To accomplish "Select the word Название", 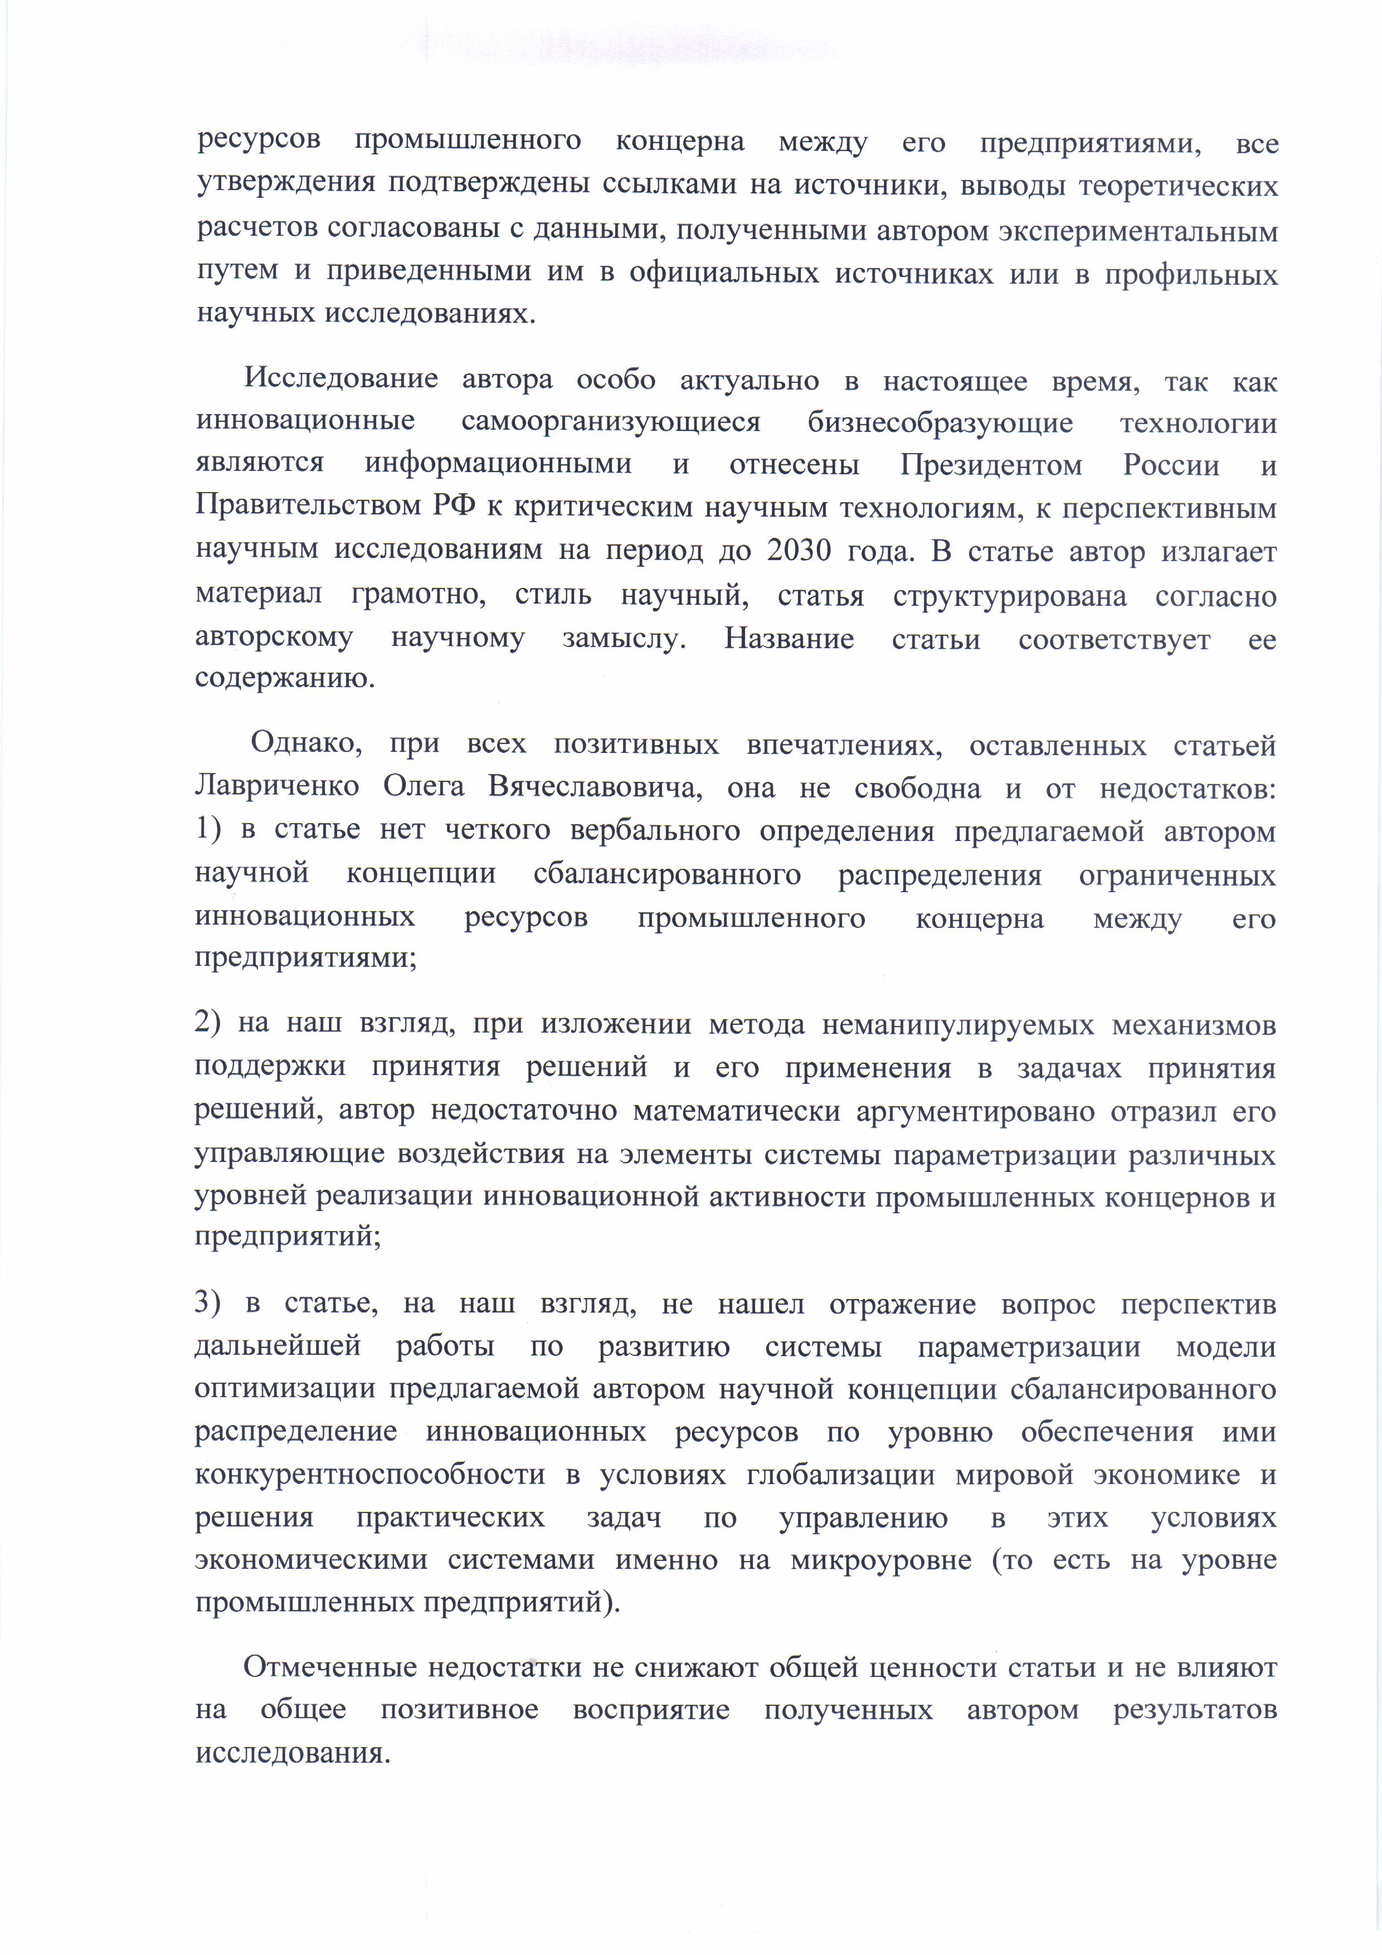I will pos(789,638).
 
